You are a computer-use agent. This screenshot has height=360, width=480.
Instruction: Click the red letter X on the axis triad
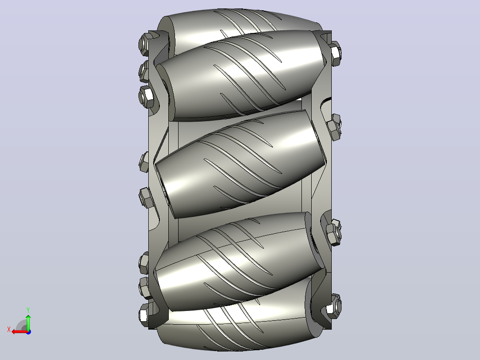[9, 329]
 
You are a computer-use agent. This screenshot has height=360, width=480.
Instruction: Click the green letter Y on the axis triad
[28, 310]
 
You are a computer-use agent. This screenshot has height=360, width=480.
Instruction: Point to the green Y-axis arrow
[28, 322]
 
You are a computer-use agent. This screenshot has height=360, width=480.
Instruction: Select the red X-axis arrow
[20, 332]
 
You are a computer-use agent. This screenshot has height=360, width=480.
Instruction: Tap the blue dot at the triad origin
[28, 332]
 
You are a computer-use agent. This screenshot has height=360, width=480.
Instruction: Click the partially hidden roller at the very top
[242, 23]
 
